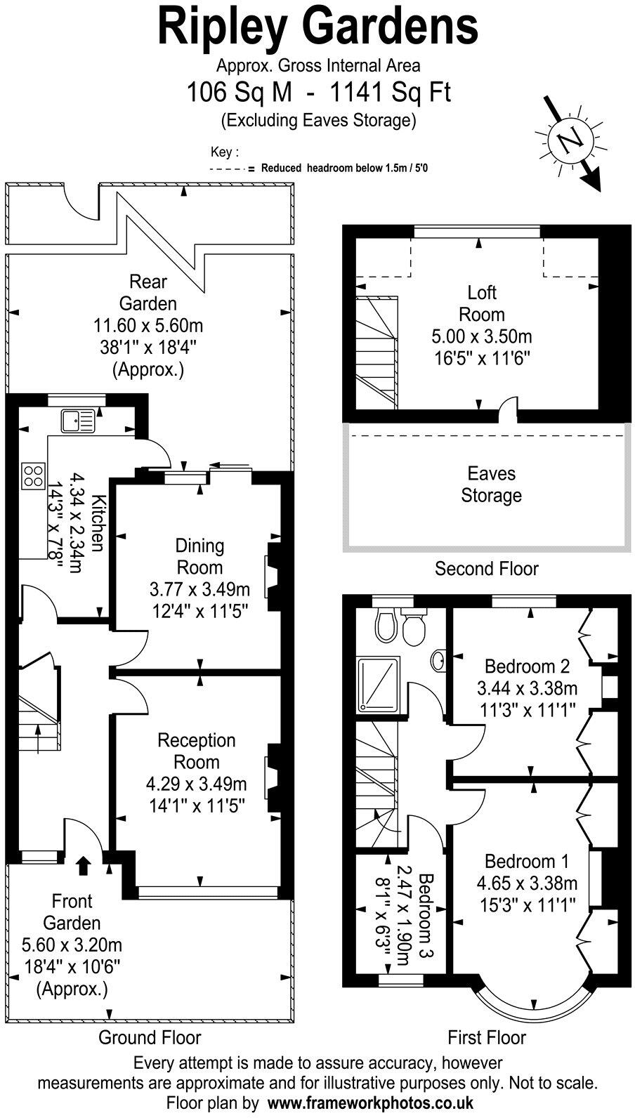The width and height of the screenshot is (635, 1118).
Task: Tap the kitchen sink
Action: point(77,420)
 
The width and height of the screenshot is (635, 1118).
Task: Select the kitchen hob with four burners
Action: point(33,475)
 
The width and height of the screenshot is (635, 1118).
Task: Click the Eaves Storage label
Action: point(491,485)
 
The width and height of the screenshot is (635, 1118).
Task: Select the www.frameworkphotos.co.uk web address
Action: point(370,1103)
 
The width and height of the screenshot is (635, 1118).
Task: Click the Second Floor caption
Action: point(486,568)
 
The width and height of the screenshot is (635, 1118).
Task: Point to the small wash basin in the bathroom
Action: point(437,659)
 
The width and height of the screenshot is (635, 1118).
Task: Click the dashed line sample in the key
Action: point(226,169)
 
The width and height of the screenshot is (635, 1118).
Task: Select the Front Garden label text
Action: point(72,912)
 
